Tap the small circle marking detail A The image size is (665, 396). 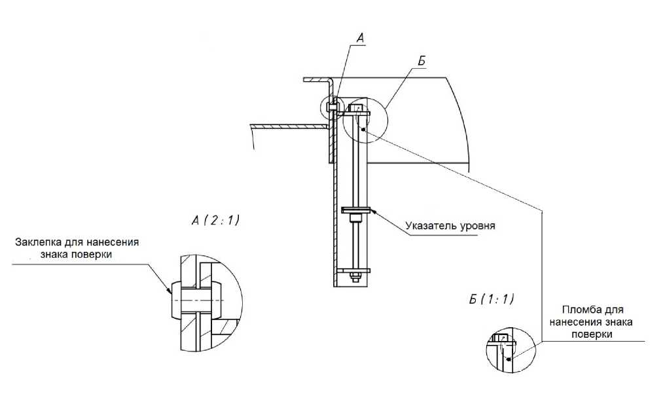[332, 107]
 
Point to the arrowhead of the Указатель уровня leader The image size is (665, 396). [372, 211]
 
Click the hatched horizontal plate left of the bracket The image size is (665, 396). [288, 125]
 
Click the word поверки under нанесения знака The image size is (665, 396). [591, 334]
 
